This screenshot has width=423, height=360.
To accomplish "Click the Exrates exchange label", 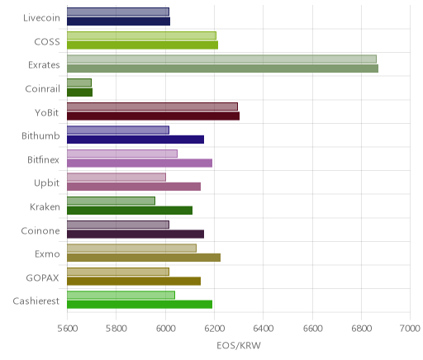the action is click(44, 65).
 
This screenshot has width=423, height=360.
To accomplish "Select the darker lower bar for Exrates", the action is click(222, 69).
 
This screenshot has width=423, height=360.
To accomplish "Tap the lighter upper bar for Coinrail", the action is click(79, 83).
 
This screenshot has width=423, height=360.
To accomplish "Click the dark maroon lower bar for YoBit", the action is click(153, 116).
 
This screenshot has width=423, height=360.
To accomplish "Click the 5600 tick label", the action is click(68, 329).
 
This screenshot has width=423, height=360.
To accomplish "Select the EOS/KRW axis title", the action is click(239, 346).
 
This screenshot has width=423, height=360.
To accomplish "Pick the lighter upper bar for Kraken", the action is click(111, 201).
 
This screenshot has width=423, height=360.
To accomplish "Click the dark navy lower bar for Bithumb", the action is click(135, 140).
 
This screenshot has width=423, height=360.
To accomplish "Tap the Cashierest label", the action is click(36, 301).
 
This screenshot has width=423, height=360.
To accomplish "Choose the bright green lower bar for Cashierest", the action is click(140, 305).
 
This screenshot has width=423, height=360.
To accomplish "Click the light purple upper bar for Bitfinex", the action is click(122, 154).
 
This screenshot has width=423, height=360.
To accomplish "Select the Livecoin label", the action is click(41, 18).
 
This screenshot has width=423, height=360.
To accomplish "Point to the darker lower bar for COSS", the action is click(142, 45).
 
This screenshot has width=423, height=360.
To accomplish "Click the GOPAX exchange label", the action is click(43, 278).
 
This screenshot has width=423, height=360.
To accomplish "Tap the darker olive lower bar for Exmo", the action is click(144, 258).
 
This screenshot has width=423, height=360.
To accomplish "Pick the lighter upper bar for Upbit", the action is click(116, 177).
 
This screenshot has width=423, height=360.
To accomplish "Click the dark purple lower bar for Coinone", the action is click(135, 234).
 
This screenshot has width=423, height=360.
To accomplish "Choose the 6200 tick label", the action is click(215, 329).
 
